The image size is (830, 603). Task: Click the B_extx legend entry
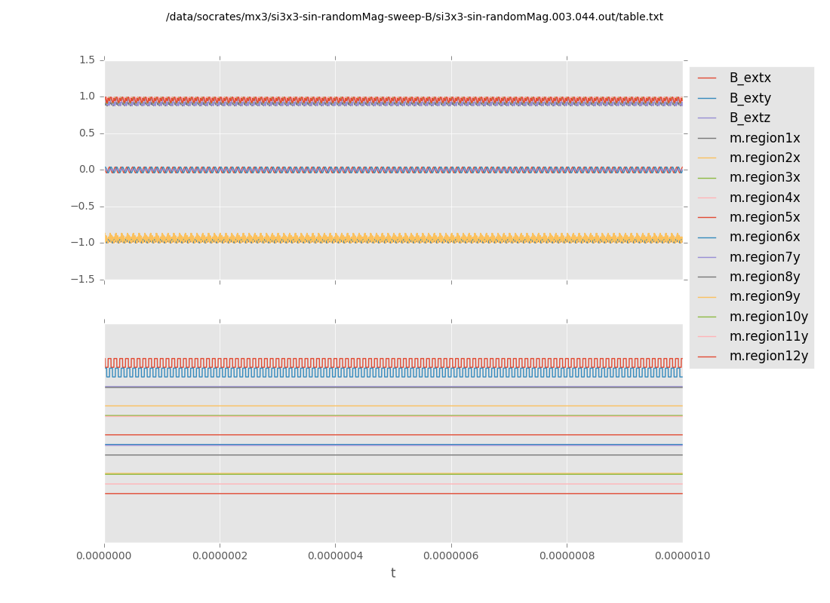pos(749,78)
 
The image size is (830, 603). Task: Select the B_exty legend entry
pos(749,98)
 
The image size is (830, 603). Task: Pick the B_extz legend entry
pos(749,118)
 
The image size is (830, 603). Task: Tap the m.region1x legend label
pos(764,138)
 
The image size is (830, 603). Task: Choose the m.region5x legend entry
pos(764,218)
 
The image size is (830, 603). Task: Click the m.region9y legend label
pos(764,297)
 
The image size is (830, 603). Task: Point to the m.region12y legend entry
pos(768,357)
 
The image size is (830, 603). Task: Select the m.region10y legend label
pos(768,317)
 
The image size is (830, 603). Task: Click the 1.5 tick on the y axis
pos(87,60)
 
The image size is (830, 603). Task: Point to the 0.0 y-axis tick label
pos(87,170)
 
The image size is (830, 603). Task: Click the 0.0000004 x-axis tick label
pos(336,556)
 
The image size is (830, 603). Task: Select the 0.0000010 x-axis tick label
pos(682,556)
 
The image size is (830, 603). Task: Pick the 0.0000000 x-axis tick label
pos(105,556)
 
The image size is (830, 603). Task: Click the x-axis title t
pos(393,574)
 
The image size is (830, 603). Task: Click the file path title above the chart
pos(414,17)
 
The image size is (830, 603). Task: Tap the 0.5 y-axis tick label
pos(87,133)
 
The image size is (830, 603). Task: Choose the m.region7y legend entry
pos(764,257)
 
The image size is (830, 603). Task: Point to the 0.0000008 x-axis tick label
pos(567,556)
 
